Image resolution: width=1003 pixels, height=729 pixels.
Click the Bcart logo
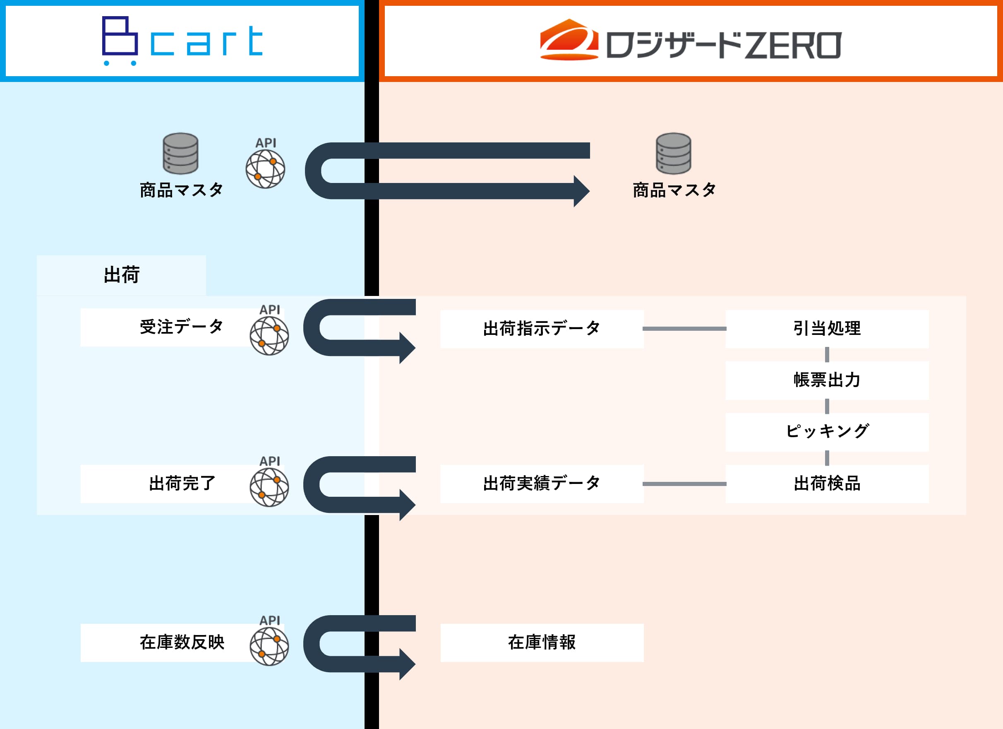click(182, 41)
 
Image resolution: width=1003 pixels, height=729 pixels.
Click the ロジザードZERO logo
click(690, 41)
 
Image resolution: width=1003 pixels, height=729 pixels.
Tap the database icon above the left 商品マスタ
click(180, 154)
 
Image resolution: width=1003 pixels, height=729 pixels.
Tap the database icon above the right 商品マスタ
click(673, 154)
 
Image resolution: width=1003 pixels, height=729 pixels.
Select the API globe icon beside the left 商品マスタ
click(265, 169)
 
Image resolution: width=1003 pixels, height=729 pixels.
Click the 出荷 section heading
click(122, 275)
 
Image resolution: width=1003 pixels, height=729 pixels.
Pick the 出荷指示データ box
click(542, 329)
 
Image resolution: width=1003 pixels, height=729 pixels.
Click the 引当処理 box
click(827, 329)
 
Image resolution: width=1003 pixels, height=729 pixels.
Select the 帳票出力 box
click(827, 380)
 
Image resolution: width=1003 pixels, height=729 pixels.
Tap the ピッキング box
click(827, 432)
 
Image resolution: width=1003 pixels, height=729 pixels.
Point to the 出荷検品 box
click(827, 484)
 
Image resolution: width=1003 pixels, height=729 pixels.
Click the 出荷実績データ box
click(542, 484)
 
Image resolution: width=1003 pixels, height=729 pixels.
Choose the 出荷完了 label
click(182, 484)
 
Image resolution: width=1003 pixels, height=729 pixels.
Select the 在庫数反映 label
click(182, 642)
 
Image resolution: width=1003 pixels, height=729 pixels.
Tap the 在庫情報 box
click(542, 642)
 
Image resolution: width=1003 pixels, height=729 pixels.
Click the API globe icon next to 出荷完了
click(269, 487)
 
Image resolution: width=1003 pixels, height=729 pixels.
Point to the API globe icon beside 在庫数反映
click(269, 646)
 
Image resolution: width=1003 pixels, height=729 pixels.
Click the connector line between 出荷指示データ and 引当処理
click(684, 329)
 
